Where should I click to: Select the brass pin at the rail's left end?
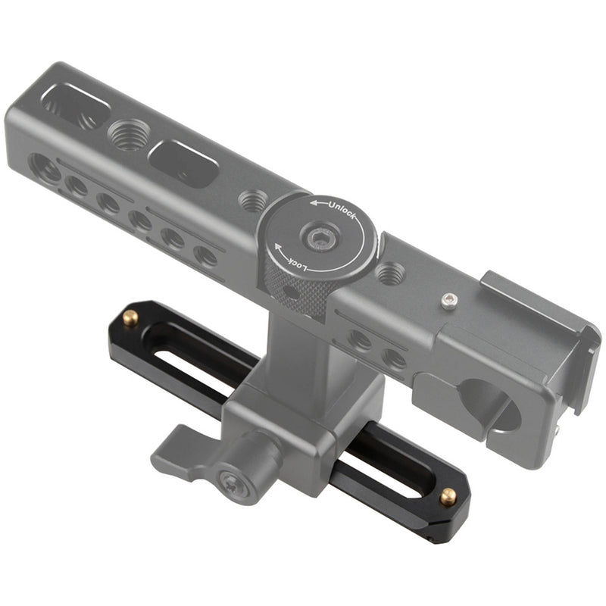point(130,317)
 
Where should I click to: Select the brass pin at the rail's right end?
point(448,497)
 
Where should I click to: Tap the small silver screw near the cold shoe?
point(449,302)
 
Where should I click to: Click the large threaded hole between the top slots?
point(127,136)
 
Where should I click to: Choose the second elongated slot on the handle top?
point(183,161)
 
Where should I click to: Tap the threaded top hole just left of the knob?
point(251,201)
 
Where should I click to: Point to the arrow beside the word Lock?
point(279,249)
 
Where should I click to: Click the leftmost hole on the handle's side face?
point(45,167)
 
